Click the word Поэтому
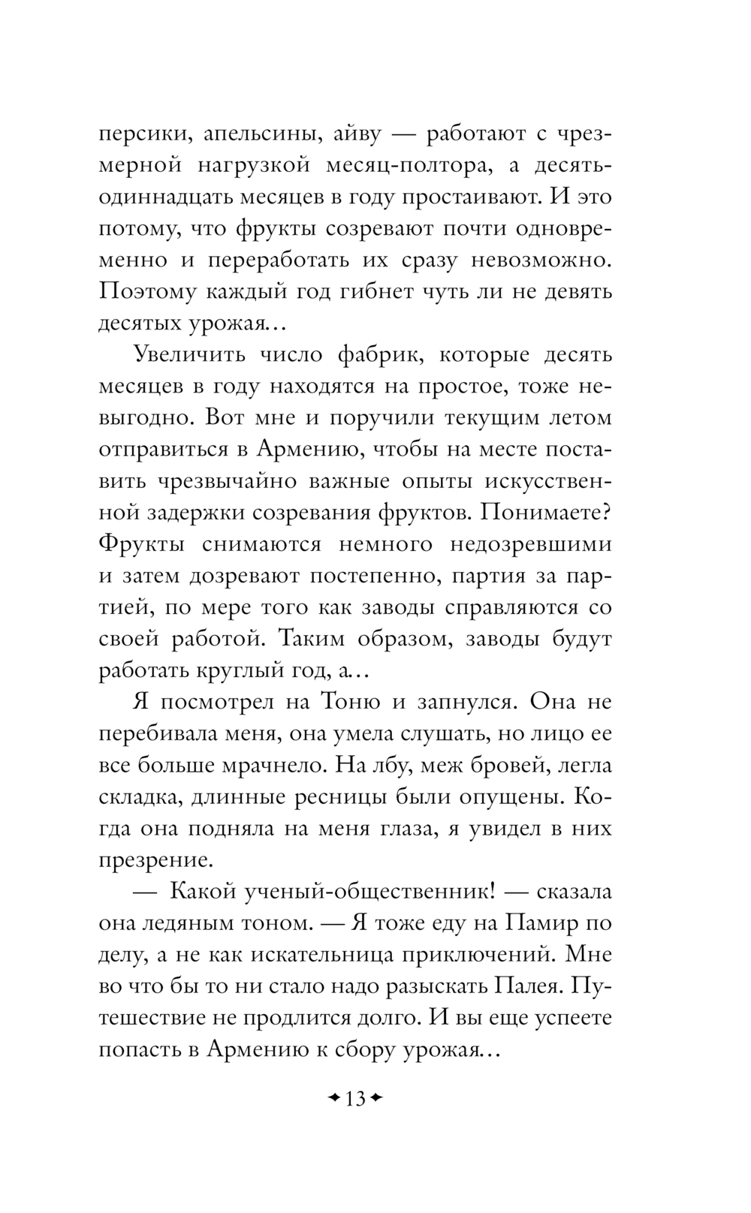click(143, 292)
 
